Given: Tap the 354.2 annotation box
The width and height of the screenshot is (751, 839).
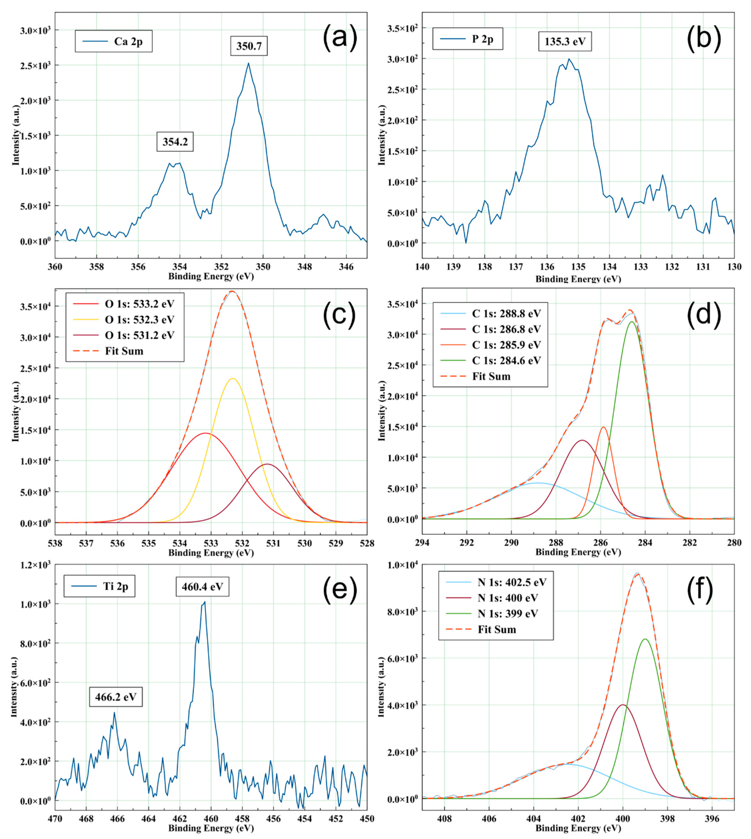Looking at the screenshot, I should tap(175, 142).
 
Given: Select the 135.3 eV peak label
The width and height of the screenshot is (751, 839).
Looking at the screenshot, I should tap(564, 42).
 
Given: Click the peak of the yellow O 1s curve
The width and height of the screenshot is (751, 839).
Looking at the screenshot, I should tap(233, 378).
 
